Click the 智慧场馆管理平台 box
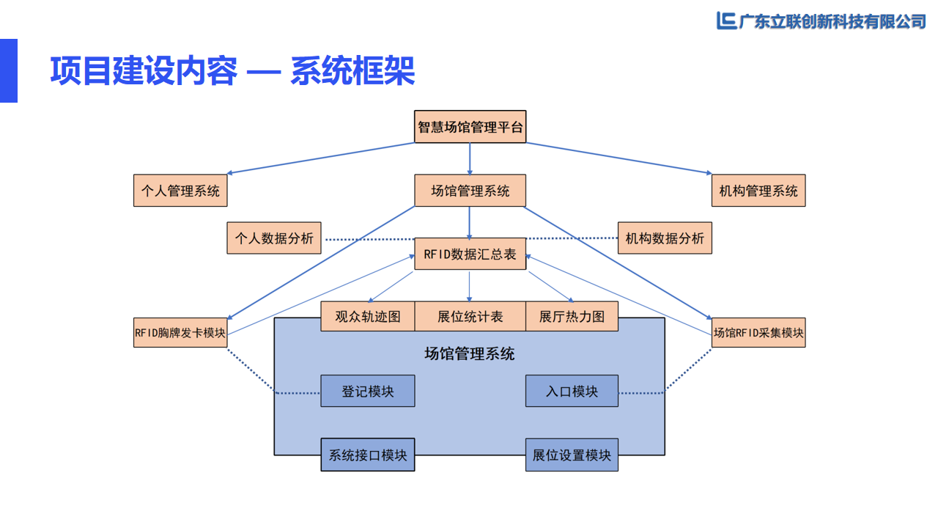470,126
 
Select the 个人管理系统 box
180,191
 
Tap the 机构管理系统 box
758,191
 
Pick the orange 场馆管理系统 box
470,191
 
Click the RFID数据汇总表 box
470,254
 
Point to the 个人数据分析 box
274,238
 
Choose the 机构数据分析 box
665,238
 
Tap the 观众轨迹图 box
368,316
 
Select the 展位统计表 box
470,316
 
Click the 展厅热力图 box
572,316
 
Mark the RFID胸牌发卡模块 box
180,332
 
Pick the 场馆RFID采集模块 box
758,332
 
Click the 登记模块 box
368,391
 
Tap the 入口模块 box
572,391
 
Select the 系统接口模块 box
368,455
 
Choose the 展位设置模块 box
572,455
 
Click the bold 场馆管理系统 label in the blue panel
470,354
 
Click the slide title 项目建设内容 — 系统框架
232,71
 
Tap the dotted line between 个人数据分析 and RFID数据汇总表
368,239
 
